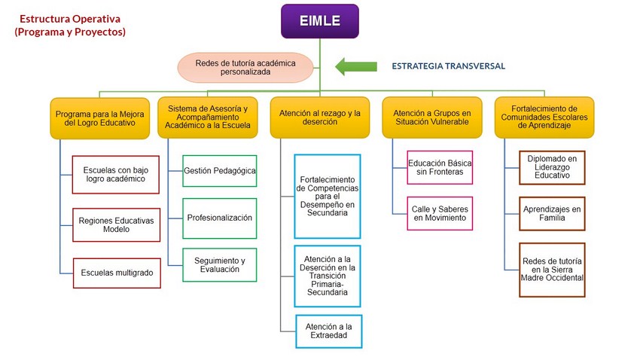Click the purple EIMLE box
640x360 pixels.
(320, 21)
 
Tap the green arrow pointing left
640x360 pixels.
(356, 66)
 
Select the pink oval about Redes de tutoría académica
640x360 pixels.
(245, 68)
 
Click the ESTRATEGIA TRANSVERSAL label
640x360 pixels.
(448, 66)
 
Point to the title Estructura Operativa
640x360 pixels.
(70, 19)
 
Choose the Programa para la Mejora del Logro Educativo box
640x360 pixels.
(100, 118)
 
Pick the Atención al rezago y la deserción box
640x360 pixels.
(320, 117)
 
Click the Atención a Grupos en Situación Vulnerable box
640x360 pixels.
(432, 117)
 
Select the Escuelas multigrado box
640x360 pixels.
(117, 273)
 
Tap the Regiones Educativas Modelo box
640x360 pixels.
(116, 225)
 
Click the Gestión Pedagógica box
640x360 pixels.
(220, 171)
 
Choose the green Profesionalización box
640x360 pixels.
(220, 218)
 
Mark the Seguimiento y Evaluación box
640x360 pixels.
(220, 265)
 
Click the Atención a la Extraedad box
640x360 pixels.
(328, 331)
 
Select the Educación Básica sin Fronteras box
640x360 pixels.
(440, 167)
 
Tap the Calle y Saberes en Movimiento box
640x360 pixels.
(440, 213)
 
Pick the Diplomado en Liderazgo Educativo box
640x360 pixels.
(552, 167)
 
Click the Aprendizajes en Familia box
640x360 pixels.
(552, 213)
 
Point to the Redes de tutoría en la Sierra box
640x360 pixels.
(552, 270)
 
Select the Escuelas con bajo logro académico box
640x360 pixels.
(115, 175)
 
